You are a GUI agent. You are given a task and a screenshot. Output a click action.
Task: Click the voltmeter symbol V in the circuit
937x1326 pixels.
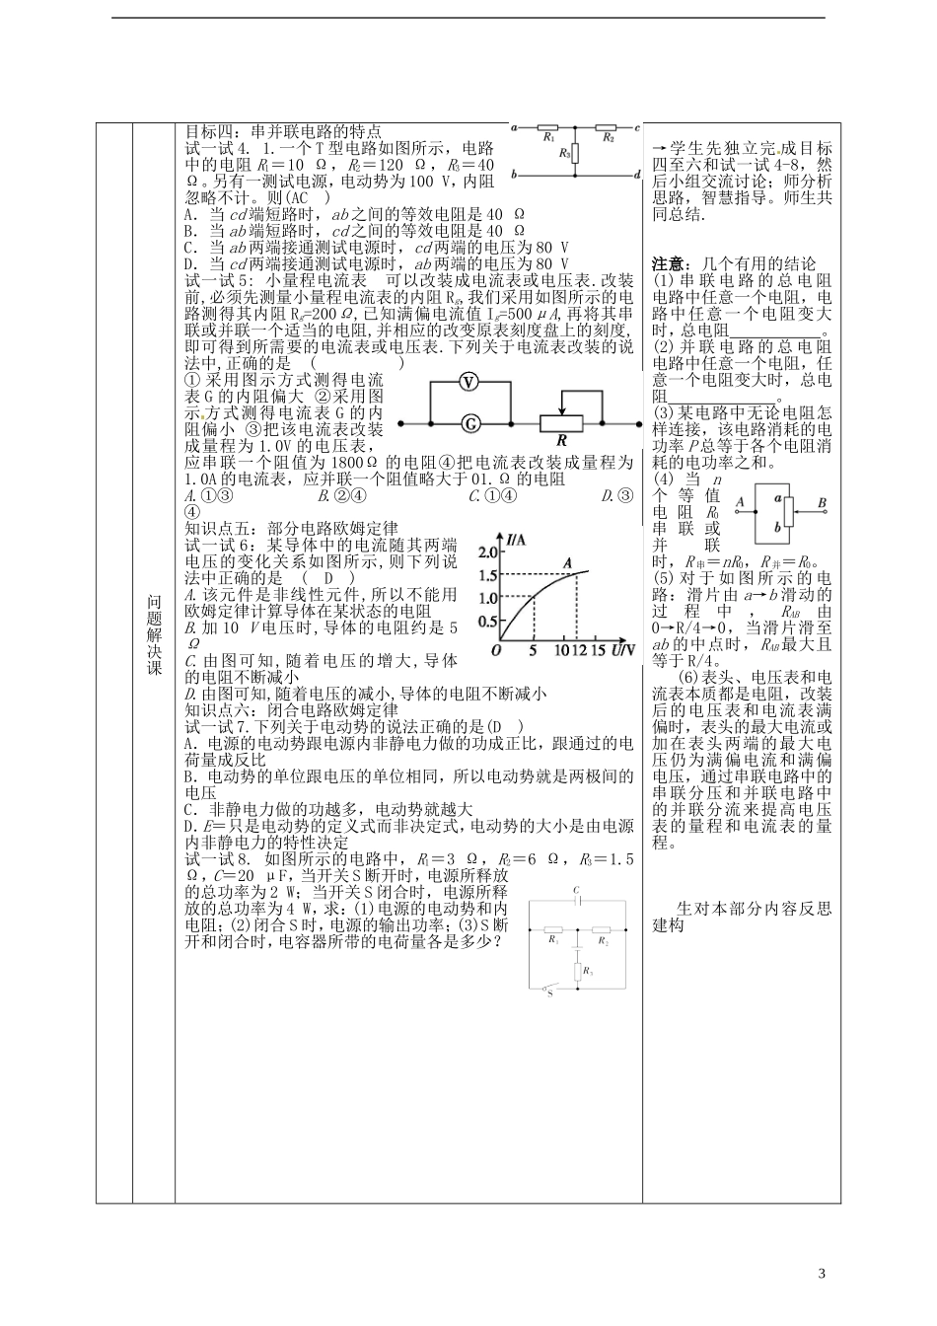coord(469,383)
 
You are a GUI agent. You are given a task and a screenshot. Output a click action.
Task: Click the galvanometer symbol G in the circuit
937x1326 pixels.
coord(469,423)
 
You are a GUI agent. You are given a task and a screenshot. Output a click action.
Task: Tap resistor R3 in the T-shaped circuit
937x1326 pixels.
coord(576,153)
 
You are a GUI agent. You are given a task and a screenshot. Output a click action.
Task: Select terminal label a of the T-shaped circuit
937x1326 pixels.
coord(514,127)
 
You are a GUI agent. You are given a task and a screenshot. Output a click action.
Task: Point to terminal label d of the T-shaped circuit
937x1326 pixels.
coord(638,175)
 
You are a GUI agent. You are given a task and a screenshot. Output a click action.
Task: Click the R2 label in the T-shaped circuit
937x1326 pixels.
coord(609,139)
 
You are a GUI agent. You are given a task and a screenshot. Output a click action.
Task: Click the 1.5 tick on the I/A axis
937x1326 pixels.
coord(486,575)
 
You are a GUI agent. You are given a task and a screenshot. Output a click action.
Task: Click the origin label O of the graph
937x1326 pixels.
coord(495,651)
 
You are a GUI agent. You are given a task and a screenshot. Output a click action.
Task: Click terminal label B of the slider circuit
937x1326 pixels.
coord(822,502)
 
